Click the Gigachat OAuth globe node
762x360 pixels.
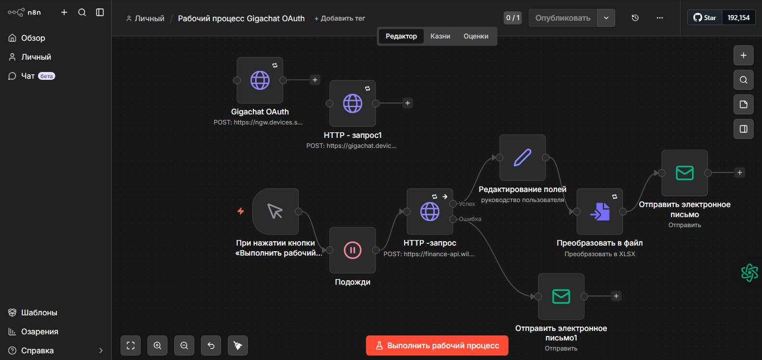260,80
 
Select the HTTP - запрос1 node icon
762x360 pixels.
352,103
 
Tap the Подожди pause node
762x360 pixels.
352,250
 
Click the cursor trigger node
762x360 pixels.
275,212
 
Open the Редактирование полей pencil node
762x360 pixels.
523,157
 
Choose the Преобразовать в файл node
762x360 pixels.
600,212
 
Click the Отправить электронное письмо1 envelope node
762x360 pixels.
561,296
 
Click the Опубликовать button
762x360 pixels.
563,18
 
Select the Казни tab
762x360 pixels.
440,36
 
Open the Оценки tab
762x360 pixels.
476,36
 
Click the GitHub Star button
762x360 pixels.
705,18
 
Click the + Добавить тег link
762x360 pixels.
339,18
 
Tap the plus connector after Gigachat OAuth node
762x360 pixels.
315,80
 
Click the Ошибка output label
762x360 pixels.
470,219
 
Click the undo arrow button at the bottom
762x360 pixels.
211,345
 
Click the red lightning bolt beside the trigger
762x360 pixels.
241,212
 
